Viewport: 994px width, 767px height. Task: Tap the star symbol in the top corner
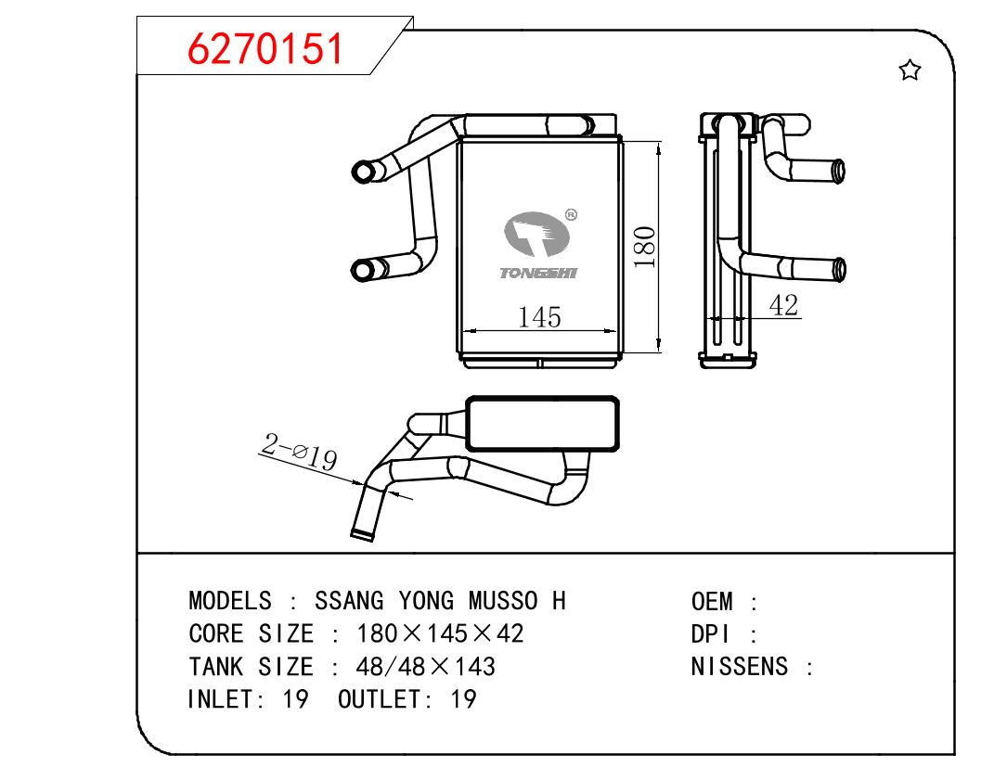click(x=910, y=70)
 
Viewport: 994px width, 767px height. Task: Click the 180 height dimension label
click(x=646, y=247)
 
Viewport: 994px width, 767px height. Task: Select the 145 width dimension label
click(x=539, y=317)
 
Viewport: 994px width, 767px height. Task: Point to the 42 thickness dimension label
click(x=784, y=304)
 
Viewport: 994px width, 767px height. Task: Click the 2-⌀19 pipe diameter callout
click(x=299, y=454)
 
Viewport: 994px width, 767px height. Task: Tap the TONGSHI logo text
click(x=537, y=274)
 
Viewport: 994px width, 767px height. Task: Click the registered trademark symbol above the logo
click(x=571, y=215)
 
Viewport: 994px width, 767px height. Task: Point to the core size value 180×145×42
click(x=440, y=634)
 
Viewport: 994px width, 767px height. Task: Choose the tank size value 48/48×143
click(x=425, y=667)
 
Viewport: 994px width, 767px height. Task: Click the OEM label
click(x=712, y=601)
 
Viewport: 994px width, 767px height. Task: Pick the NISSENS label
click(x=740, y=667)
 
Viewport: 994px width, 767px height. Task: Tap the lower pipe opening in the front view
click(x=361, y=270)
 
